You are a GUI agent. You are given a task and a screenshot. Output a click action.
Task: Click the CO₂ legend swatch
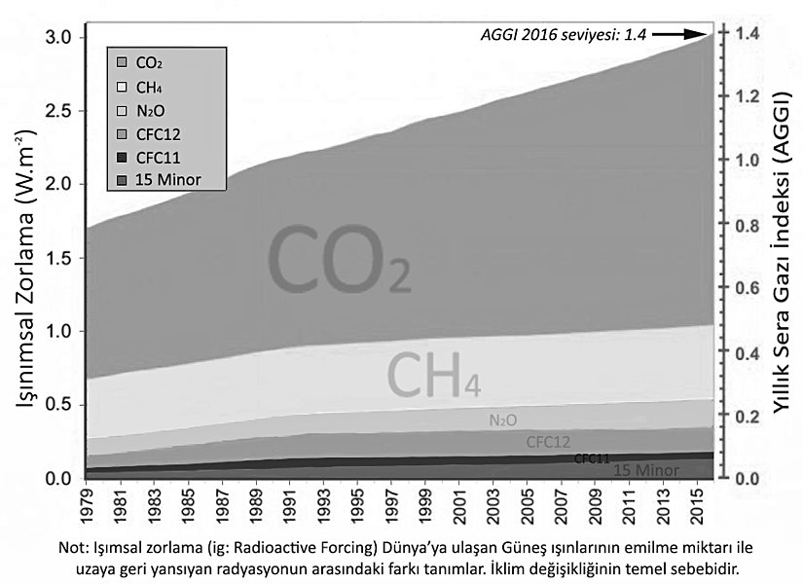click(122, 62)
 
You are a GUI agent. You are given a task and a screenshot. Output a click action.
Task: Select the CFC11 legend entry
click(156, 157)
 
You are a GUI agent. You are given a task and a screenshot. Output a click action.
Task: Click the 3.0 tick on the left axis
click(59, 37)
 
